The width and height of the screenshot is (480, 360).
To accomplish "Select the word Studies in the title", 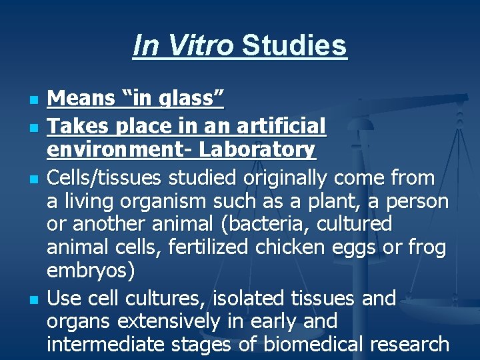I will pyautogui.click(x=294, y=46).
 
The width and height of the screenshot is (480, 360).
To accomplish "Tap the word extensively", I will pyautogui.click(x=169, y=321).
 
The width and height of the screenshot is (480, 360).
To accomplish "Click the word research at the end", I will pyautogui.click(x=409, y=345).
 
